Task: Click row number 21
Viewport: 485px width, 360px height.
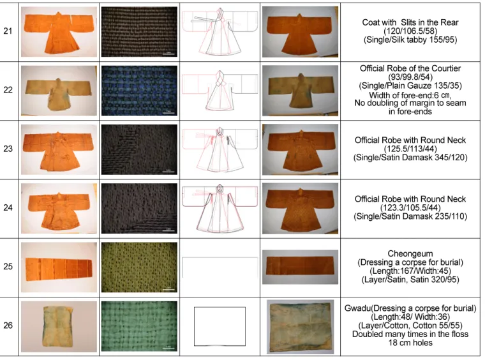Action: point(8,31)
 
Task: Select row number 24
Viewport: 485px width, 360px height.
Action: point(8,207)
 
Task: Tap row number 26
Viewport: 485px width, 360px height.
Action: point(8,326)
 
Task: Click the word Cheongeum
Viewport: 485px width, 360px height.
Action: point(410,253)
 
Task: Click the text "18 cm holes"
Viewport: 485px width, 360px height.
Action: point(410,343)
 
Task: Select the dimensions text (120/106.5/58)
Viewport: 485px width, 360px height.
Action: point(410,31)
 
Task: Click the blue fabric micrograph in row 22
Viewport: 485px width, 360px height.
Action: point(140,91)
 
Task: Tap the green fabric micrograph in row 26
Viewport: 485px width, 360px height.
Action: point(140,326)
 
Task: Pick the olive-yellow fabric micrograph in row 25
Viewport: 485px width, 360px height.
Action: point(140,267)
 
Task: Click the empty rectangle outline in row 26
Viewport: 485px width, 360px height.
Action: point(194,326)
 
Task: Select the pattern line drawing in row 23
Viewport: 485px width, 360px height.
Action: point(220,150)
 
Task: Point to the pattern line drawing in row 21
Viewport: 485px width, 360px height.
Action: point(220,31)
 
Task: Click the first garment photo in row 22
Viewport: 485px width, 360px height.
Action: point(59,91)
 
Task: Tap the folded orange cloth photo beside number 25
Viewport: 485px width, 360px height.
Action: point(59,267)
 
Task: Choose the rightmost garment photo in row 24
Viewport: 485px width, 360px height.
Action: point(301,209)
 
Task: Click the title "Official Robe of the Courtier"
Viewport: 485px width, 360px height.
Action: point(410,68)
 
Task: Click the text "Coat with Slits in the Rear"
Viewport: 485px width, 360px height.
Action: point(410,22)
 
